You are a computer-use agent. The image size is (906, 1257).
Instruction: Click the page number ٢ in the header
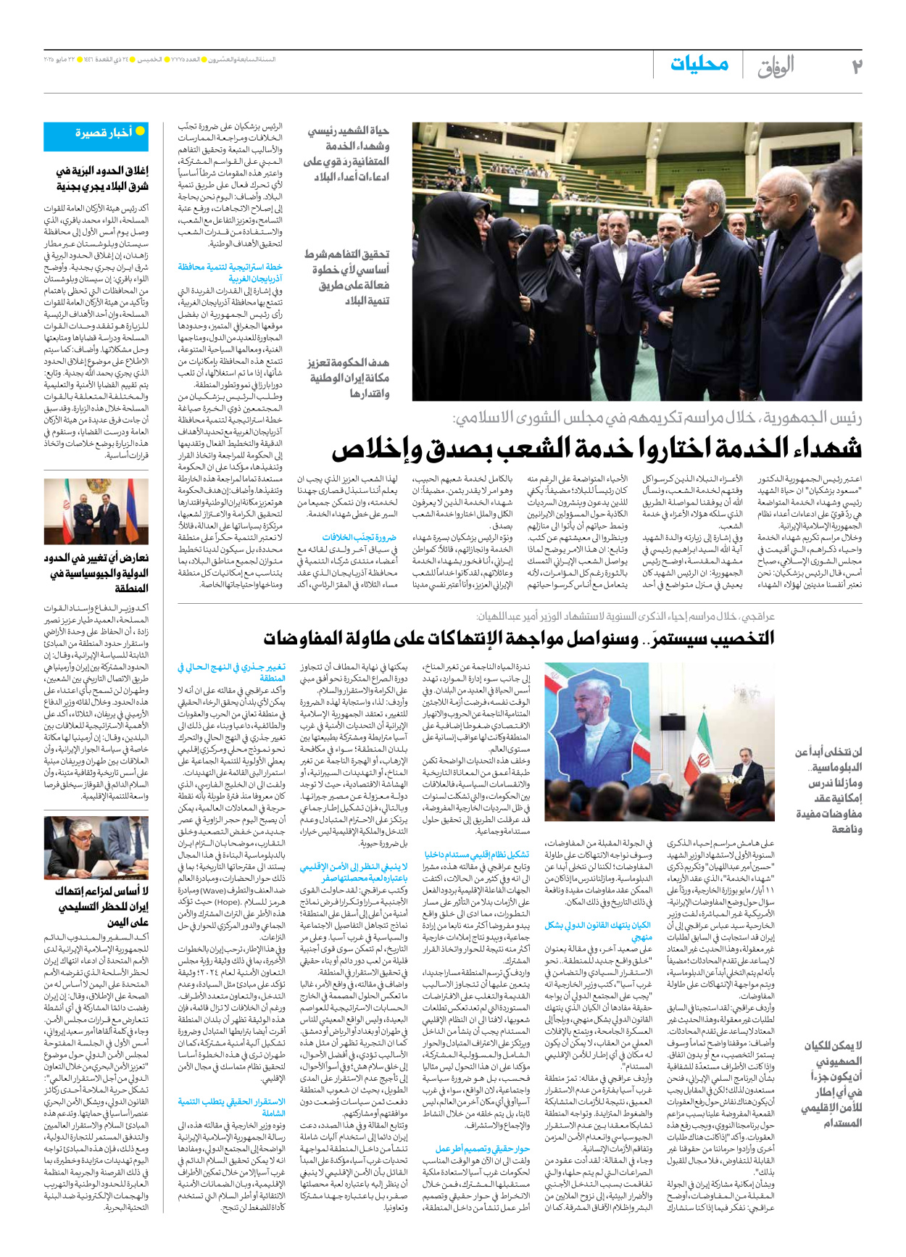coord(856,67)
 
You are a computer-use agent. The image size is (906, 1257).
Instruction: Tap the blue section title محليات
coord(699,65)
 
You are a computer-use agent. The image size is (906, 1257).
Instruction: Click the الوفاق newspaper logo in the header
coord(776,67)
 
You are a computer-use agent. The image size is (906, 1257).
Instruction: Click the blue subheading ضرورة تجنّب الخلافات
coord(360,537)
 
